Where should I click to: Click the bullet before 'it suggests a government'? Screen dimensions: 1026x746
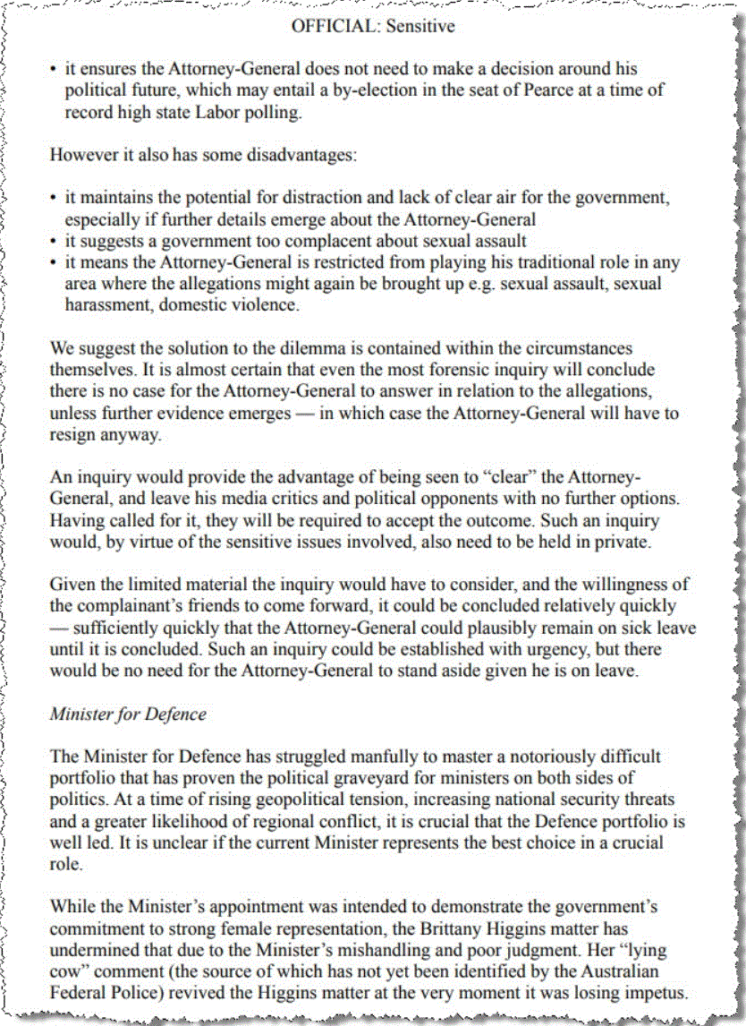(54, 241)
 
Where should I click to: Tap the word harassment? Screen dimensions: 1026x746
(106, 304)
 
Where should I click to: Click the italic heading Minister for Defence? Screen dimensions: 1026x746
(128, 714)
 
